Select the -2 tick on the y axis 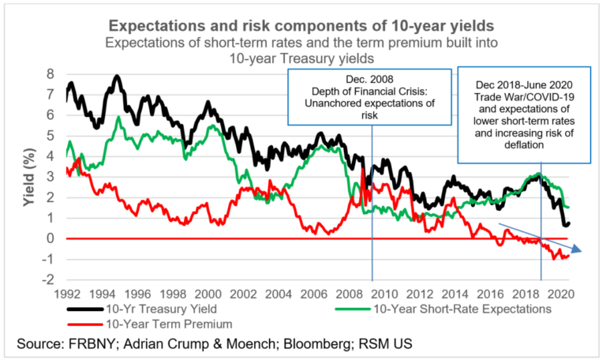(x=50, y=279)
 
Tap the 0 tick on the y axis (x=52, y=238)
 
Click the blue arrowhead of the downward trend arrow (x=580, y=250)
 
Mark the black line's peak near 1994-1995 (x=118, y=77)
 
